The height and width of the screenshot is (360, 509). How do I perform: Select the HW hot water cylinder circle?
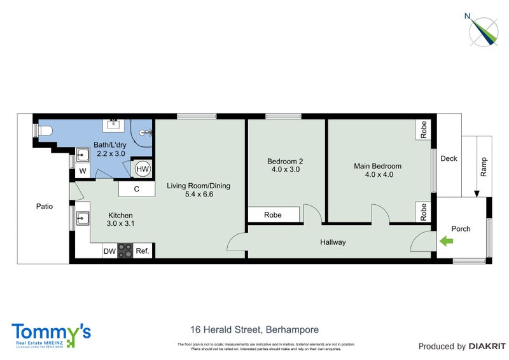(x=143, y=170)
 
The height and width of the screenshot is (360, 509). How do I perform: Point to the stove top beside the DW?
(x=125, y=251)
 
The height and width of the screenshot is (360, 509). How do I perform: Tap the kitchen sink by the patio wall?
(x=83, y=219)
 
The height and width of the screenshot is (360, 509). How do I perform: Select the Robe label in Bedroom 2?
(x=274, y=216)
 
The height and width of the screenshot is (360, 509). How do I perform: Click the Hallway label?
(x=333, y=242)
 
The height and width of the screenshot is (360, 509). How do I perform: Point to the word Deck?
(x=449, y=159)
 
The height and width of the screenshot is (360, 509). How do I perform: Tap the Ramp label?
(x=484, y=167)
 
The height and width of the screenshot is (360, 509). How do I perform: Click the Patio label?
(x=45, y=207)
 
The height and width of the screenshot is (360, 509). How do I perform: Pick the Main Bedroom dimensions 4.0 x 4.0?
(x=377, y=175)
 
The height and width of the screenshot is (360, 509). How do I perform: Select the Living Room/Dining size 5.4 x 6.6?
(x=199, y=195)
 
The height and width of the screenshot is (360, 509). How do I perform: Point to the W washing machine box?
(x=82, y=172)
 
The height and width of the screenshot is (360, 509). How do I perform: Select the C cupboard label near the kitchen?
(x=137, y=189)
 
